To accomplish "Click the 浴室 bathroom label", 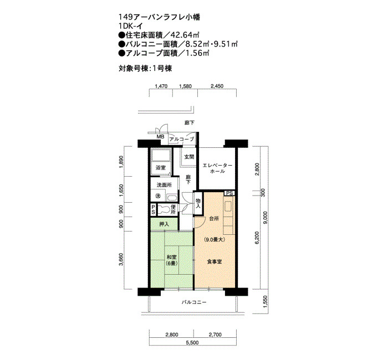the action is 161,168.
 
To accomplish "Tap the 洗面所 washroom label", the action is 164,185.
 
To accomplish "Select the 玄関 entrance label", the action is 189,157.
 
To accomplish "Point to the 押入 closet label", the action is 164,224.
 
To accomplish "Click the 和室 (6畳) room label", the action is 172,260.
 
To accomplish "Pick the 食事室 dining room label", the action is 215,262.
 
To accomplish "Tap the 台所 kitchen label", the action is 215,219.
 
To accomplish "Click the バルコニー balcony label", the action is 194,302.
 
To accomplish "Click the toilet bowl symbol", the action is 163,210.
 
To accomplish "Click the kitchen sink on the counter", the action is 228,207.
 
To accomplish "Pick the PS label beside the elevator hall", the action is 229,193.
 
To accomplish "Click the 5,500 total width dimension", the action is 192,343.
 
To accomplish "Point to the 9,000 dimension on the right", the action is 266,218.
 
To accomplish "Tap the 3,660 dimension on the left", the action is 121,259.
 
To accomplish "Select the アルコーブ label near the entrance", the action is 182,139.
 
